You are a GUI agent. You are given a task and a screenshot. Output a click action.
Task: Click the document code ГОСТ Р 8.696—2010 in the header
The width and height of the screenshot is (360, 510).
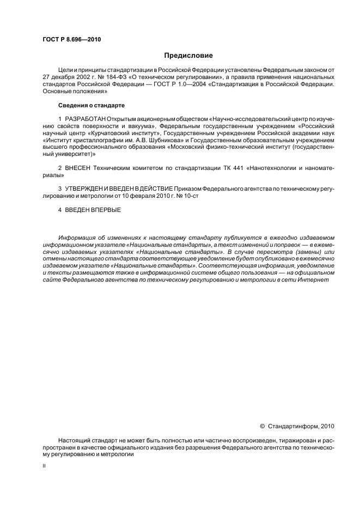click(x=71, y=39)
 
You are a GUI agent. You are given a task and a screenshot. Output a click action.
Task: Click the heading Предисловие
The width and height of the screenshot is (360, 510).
click(x=188, y=56)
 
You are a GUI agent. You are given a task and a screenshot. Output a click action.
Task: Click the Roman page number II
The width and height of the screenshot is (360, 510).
click(x=44, y=466)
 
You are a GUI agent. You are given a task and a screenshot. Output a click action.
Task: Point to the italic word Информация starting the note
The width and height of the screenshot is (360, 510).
click(x=76, y=238)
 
